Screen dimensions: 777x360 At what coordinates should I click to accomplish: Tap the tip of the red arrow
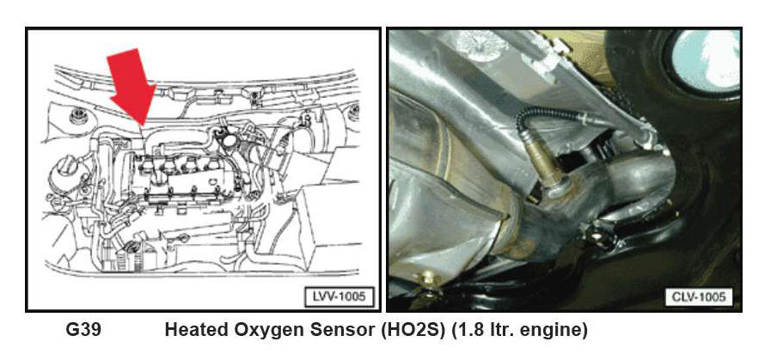coord(143,125)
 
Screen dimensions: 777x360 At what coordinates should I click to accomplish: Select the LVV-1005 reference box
coord(340,296)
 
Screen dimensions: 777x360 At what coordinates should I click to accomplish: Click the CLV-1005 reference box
coord(698,296)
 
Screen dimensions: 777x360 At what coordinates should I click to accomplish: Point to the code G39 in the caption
coord(83,330)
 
